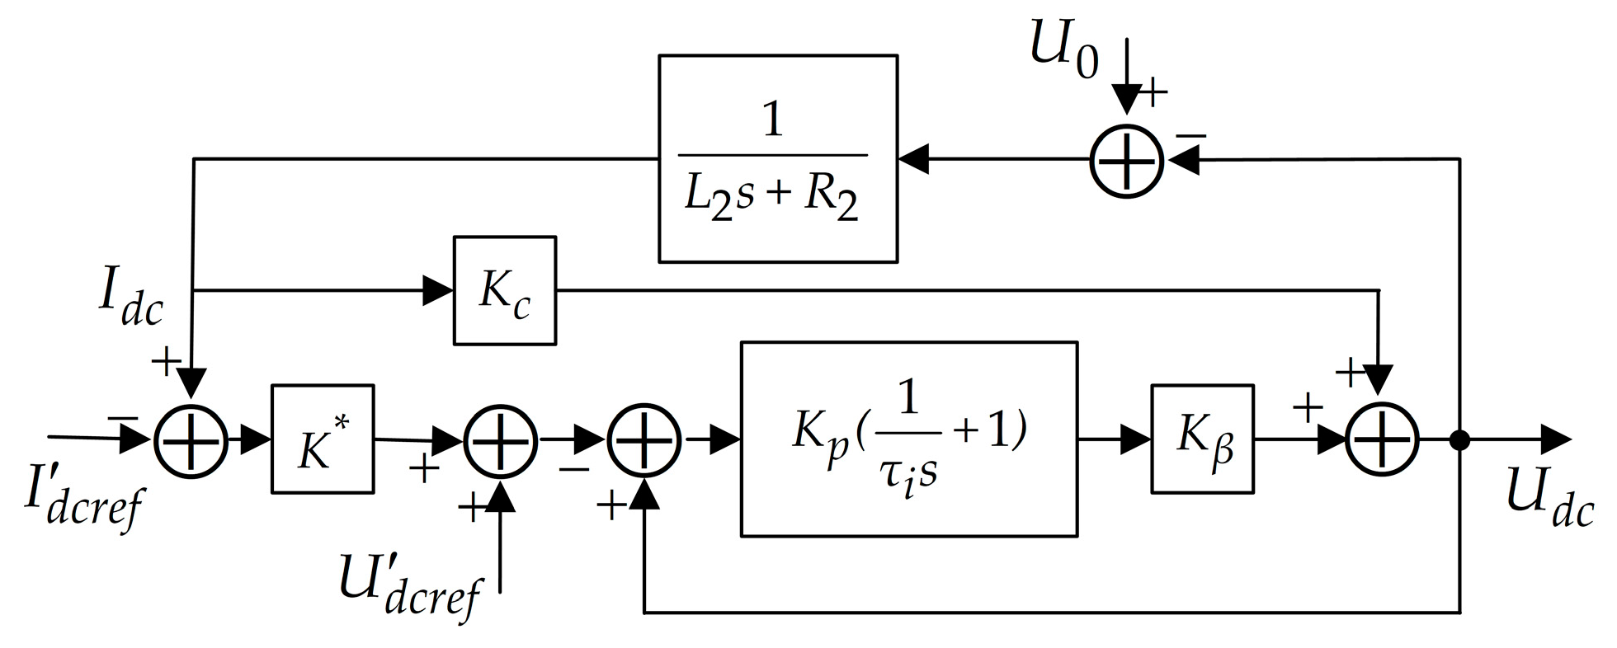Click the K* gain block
[x=323, y=439]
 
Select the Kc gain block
[x=504, y=290]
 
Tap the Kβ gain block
[x=1202, y=439]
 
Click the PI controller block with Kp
[x=909, y=439]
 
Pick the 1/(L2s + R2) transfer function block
[x=777, y=158]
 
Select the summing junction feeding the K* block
[x=191, y=440]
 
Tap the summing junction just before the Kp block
[x=644, y=440]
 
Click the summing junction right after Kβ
[x=1382, y=440]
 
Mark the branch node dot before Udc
[x=1459, y=440]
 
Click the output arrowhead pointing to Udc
[x=1554, y=440]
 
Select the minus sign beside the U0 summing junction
[x=1191, y=134]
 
